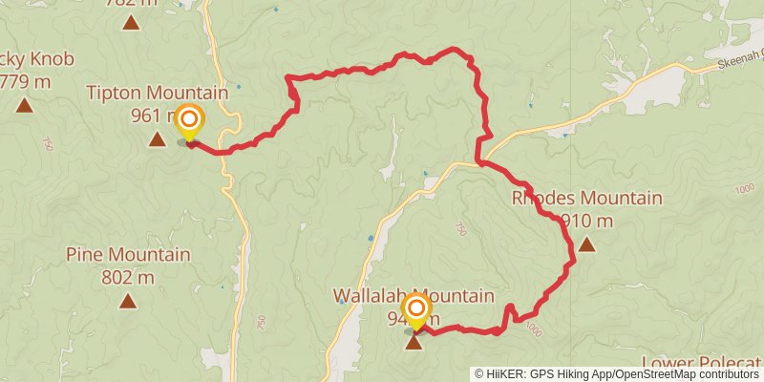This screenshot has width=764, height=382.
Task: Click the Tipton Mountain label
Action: point(158,93)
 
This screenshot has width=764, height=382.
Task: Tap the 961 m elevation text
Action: point(153,116)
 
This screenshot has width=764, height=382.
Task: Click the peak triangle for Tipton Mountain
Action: point(157,140)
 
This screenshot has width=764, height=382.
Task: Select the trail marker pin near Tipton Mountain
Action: point(189,120)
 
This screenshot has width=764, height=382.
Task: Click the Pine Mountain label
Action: point(128,255)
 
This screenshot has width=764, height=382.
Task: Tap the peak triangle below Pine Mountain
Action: point(128,302)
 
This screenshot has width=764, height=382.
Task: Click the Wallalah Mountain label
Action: point(414,295)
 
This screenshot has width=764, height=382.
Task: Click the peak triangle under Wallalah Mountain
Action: point(414,341)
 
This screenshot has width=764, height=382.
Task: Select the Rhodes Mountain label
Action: point(586,199)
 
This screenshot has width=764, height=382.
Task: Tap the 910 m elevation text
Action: point(586,222)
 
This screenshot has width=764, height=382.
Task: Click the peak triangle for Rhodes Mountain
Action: point(586,244)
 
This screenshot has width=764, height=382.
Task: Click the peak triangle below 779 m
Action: point(24,105)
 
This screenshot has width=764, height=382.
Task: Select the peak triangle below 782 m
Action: point(130,21)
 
